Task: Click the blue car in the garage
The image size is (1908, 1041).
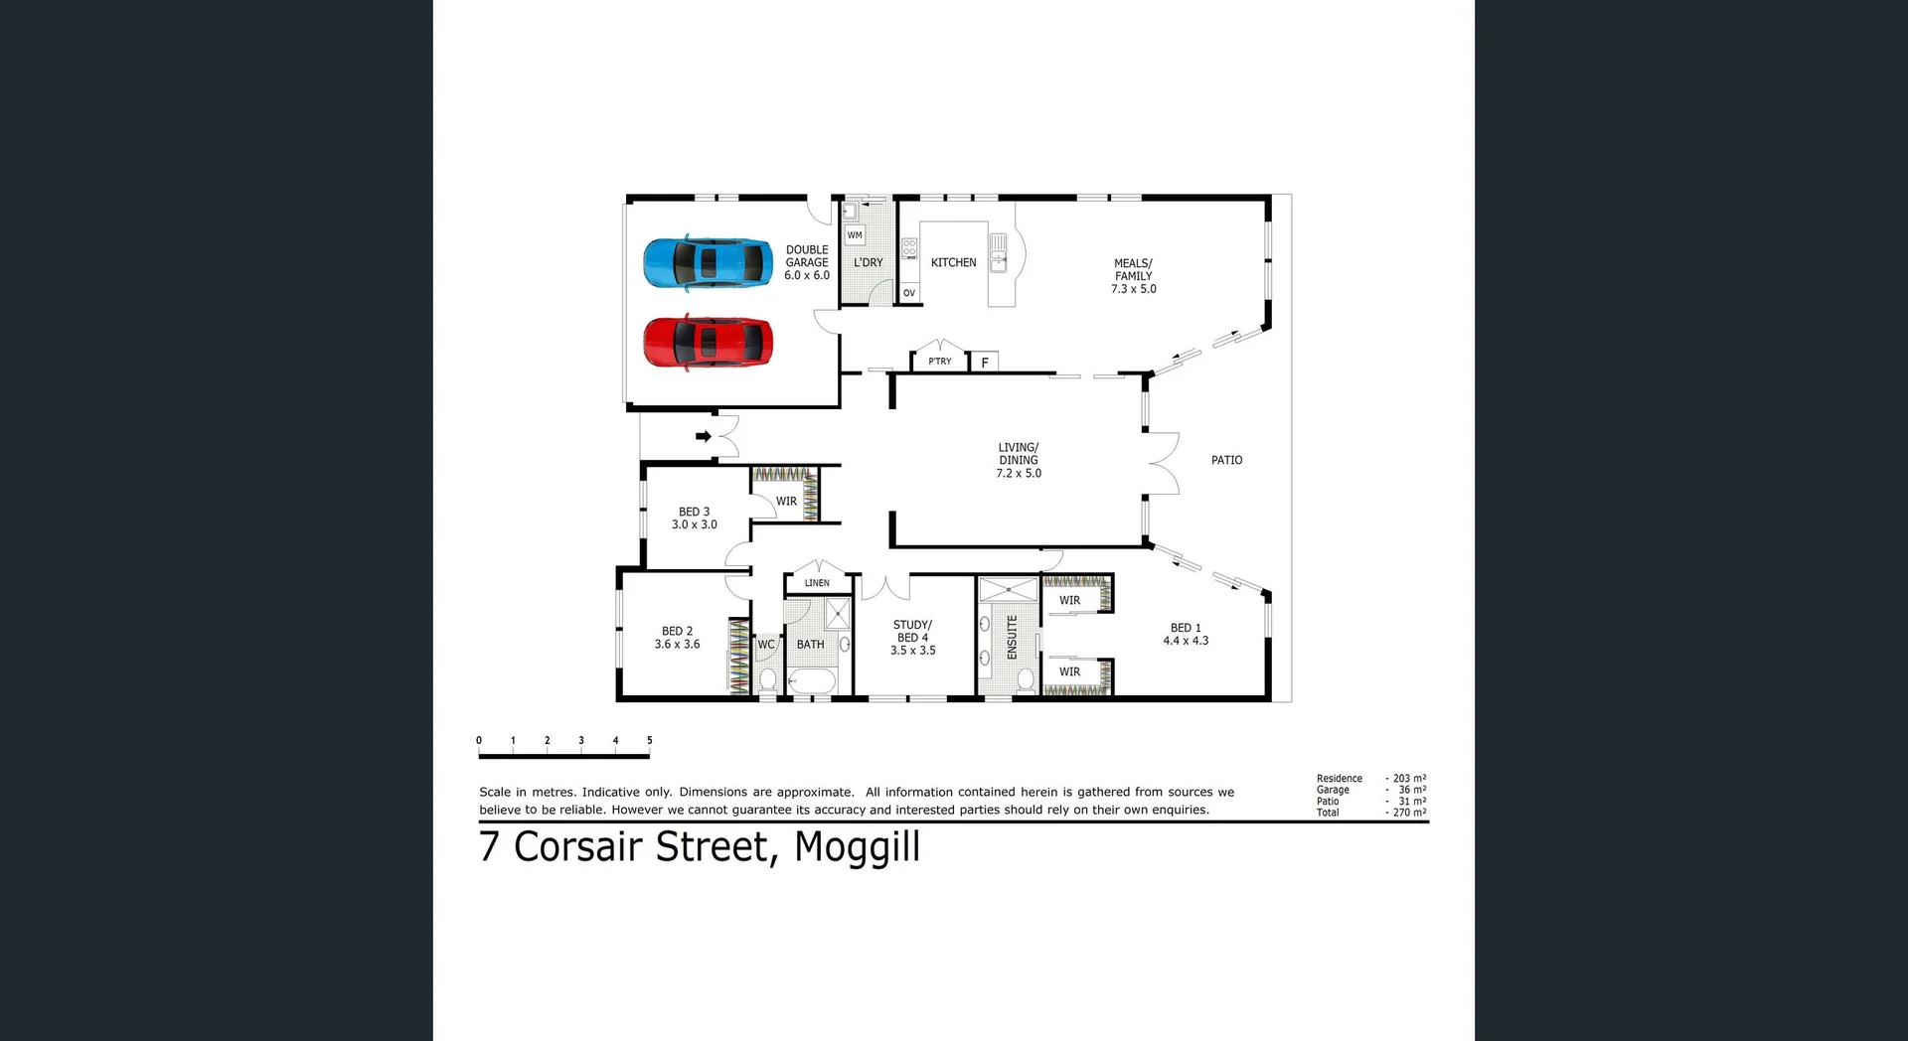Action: pyautogui.click(x=708, y=263)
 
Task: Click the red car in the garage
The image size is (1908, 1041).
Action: pyautogui.click(x=708, y=343)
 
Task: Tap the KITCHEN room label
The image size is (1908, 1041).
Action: pyautogui.click(x=953, y=262)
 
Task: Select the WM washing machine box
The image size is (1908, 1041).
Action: pyautogui.click(x=855, y=235)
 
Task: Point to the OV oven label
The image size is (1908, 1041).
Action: pyautogui.click(x=908, y=293)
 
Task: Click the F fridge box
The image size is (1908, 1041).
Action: pyautogui.click(x=984, y=363)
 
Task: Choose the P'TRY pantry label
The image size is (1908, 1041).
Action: pyautogui.click(x=939, y=362)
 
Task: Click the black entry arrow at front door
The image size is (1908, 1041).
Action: pyautogui.click(x=704, y=436)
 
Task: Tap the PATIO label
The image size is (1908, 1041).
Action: pyautogui.click(x=1226, y=460)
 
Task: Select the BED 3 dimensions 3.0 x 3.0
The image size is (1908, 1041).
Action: pyautogui.click(x=694, y=524)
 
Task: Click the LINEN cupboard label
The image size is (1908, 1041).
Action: pyautogui.click(x=817, y=583)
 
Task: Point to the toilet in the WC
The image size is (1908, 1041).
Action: pyautogui.click(x=767, y=679)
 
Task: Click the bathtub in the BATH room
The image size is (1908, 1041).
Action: pyautogui.click(x=813, y=681)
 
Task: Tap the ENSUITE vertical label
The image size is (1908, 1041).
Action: pyautogui.click(x=1012, y=637)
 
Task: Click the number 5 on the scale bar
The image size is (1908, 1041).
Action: pyautogui.click(x=650, y=740)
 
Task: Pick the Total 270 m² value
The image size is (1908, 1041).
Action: pyautogui.click(x=1409, y=813)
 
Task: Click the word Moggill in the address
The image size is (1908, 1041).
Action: pyautogui.click(x=857, y=846)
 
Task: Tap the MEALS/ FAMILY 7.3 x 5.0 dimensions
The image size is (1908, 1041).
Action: pyautogui.click(x=1133, y=289)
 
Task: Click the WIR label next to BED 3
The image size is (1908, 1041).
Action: pyautogui.click(x=786, y=502)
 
